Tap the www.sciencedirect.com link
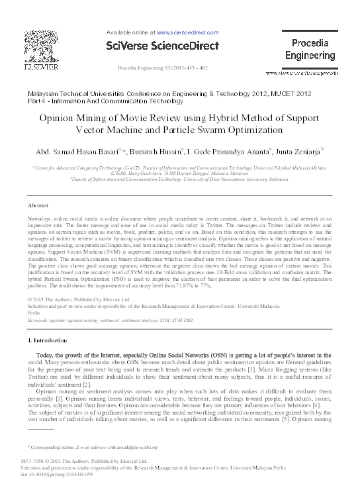click(x=187, y=31)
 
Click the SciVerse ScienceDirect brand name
click(x=161, y=46)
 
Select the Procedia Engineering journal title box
click(x=310, y=50)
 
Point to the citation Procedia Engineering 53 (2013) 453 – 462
click(x=162, y=68)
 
